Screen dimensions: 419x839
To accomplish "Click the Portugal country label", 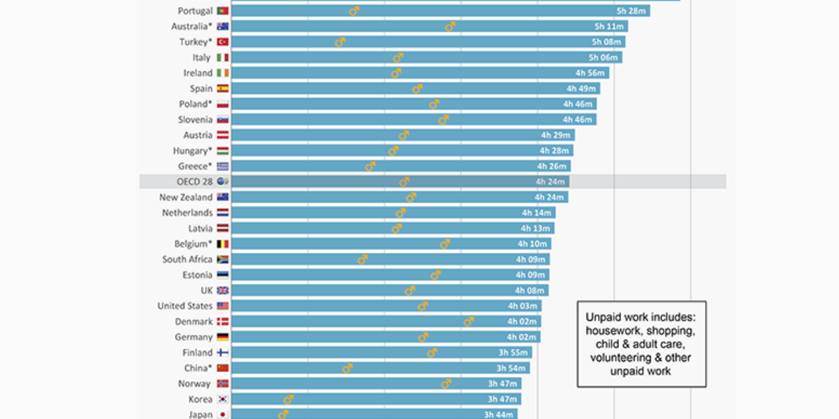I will coord(195,11).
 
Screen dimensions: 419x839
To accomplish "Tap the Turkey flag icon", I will coord(222,42).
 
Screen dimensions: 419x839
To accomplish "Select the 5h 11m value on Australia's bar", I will coord(608,26).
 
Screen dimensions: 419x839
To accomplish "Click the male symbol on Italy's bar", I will coord(397,58).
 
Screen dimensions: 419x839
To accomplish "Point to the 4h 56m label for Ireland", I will coord(588,73).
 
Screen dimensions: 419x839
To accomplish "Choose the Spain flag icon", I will coord(222,88).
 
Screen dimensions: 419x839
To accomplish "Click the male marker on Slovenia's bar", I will coord(443,119).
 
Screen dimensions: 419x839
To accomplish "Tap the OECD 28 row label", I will coord(194,181).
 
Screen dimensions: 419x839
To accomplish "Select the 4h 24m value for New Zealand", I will coord(549,197).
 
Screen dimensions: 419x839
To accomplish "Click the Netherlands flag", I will coord(222,213).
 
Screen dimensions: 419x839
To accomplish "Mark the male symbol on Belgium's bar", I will coord(444,244).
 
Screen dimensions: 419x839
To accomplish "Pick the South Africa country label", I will coord(187,259).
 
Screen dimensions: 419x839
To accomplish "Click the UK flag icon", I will coord(222,291).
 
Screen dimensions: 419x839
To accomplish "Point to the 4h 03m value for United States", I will coord(522,306).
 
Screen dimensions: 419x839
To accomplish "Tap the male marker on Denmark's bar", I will coord(468,322).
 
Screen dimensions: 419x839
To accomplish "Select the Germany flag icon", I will coord(222,337).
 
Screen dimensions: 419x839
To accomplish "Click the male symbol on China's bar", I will coord(347,368).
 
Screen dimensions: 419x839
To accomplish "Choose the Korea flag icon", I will coord(222,399).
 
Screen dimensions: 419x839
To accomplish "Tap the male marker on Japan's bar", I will coord(282,414).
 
